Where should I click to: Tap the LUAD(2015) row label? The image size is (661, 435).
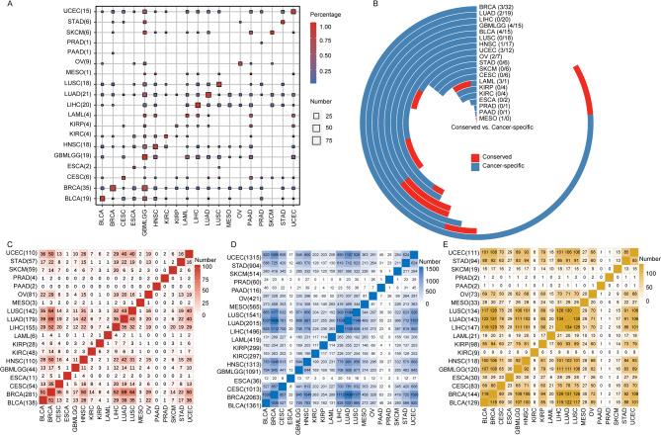click(187, 318)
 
